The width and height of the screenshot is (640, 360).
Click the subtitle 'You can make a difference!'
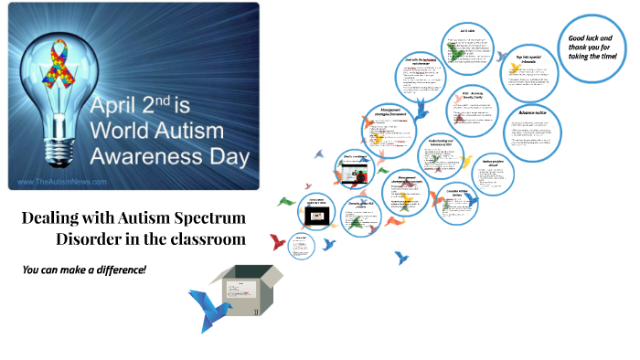coord(84,270)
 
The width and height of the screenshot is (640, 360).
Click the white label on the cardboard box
coord(258,312)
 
